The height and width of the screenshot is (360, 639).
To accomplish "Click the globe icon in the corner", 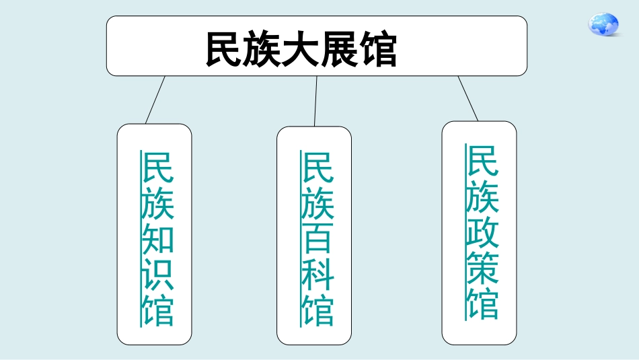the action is [603, 24].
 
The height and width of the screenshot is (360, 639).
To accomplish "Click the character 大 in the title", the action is [301, 50].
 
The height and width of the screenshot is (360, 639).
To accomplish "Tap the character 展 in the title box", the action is [340, 50].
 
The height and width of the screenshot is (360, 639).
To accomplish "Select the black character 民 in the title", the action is [225, 50].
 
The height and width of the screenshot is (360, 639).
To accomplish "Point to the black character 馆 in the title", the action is [378, 50].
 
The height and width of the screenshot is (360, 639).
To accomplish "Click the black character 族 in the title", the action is [263, 50].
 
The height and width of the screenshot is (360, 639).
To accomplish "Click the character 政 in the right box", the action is [482, 231].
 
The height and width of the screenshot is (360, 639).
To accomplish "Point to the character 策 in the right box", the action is [482, 267].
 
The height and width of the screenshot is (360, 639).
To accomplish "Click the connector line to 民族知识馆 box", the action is [155, 100].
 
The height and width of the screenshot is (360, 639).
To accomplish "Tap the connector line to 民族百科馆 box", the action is [315, 101].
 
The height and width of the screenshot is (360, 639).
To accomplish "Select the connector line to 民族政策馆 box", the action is [468, 99].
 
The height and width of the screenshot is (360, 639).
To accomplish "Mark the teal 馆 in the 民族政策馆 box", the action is [482, 303].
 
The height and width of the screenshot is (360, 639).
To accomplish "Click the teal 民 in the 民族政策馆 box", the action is [482, 161].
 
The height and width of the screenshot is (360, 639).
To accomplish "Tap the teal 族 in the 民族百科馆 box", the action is [318, 203].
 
